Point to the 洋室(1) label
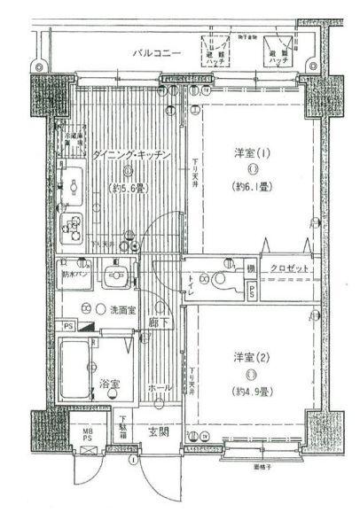[x=251, y=151]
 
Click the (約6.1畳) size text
[x=252, y=186]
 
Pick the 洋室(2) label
[x=252, y=356]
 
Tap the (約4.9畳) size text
[x=252, y=391]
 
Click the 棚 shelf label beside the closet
[x=251, y=268]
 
